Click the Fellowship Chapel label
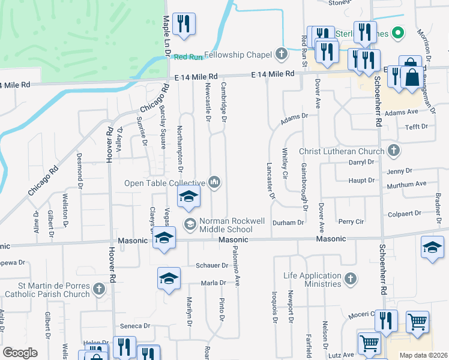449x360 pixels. tap(239, 55)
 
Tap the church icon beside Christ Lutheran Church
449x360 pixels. tap(394, 151)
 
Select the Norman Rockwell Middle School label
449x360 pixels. tap(233, 225)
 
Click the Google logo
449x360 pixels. tap(20, 353)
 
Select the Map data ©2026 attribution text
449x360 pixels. tap(423, 355)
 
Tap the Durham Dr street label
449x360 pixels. tap(288, 223)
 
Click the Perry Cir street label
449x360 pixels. tap(351, 222)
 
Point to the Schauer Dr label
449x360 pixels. tap(210, 265)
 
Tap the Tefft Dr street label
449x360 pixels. tap(416, 127)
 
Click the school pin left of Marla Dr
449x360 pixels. tap(169, 278)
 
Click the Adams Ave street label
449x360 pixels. tap(401, 112)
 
